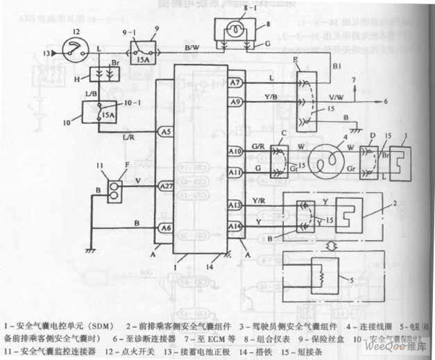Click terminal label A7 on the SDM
(234, 83)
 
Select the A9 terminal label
(234, 103)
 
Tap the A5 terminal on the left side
(165, 130)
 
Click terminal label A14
(234, 225)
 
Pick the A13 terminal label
(234, 205)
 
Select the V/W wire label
(335, 97)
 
